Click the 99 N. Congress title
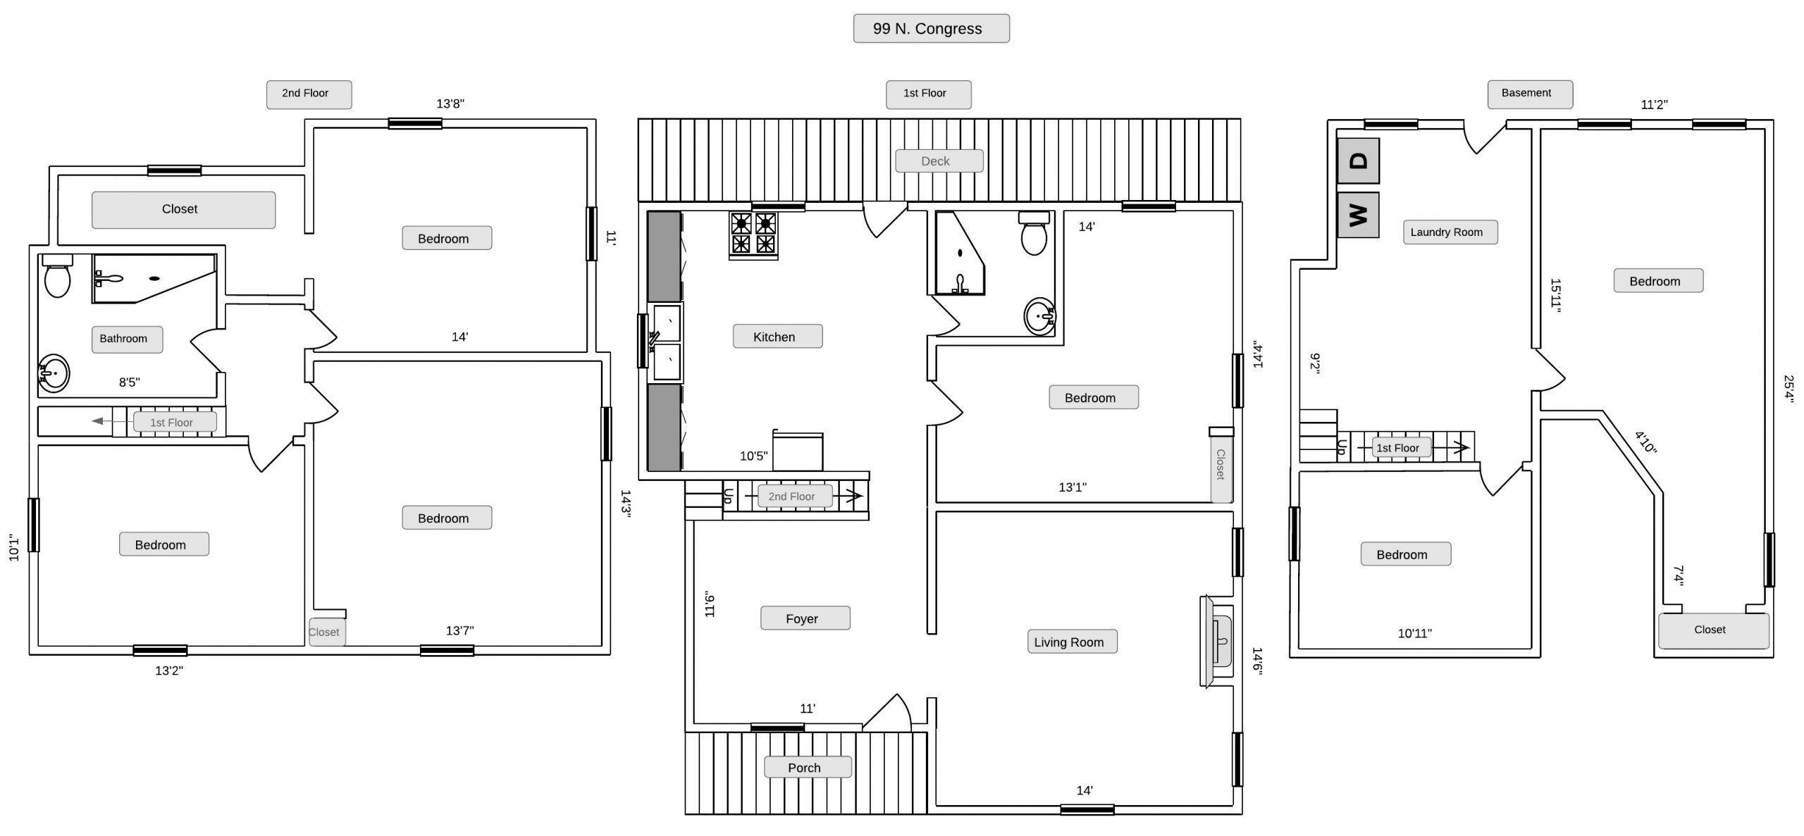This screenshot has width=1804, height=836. coord(931,29)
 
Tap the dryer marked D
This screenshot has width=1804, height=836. coord(1358,161)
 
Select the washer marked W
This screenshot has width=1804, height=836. coord(1358,215)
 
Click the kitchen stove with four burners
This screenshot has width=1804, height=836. coord(753,235)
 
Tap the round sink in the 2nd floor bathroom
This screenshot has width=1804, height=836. coord(54,373)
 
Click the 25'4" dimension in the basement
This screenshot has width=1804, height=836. coord(1788,388)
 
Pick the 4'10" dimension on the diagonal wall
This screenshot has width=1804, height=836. coord(1645,442)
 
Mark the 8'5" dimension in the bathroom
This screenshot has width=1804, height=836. coord(129,382)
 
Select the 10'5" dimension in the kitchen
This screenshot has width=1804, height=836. coord(753,456)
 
